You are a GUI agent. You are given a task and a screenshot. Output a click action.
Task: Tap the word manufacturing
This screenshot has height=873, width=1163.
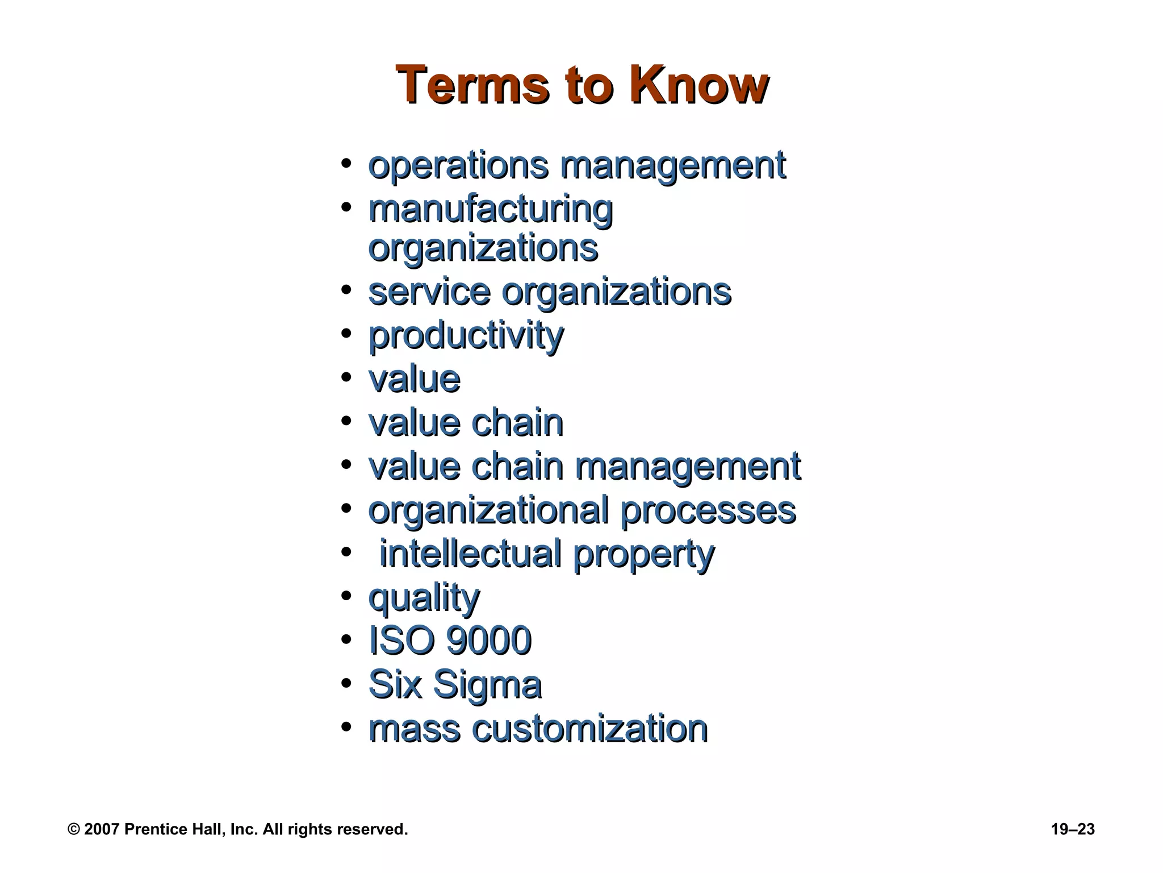tap(491, 210)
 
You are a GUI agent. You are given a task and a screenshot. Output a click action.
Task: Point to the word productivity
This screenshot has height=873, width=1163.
tap(466, 336)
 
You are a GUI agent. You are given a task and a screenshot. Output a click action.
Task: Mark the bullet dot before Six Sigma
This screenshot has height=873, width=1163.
tap(346, 684)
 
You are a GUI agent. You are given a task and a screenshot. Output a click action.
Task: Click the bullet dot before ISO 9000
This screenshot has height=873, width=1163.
tap(346, 640)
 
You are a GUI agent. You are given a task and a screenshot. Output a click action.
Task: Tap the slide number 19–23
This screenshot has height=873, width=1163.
tap(1072, 829)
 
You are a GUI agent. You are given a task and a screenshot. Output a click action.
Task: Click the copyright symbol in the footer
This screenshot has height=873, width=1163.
tap(73, 830)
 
